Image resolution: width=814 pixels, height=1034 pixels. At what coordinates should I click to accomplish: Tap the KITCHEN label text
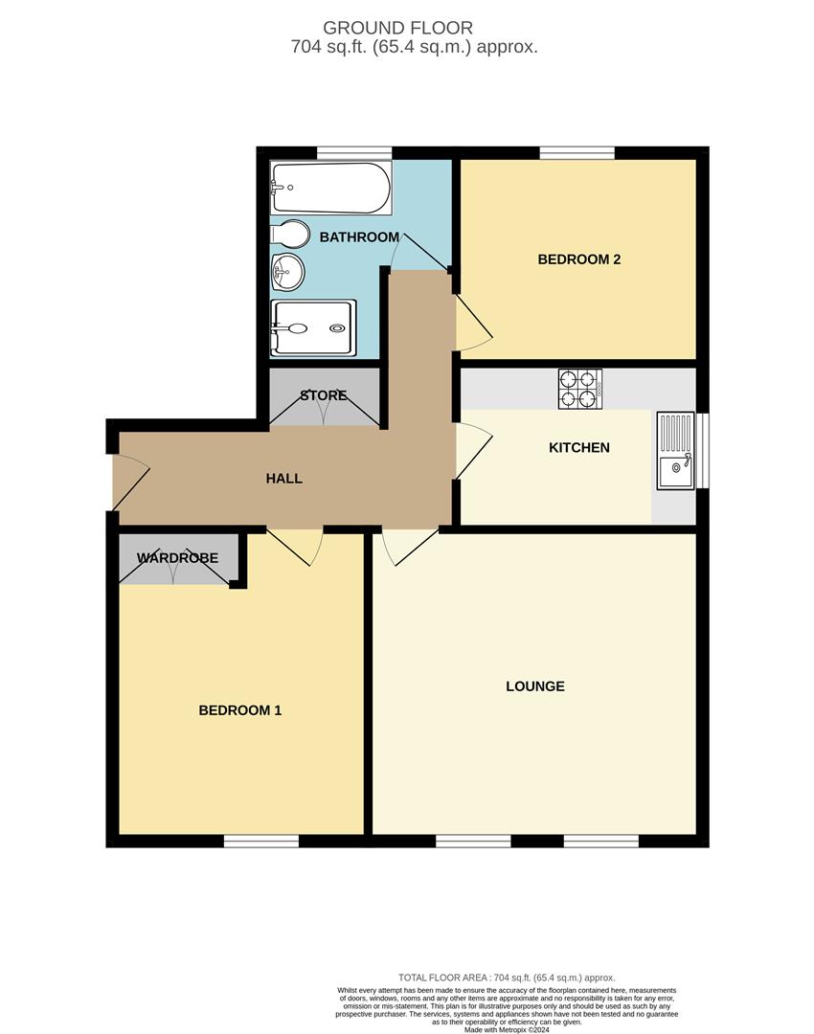coord(578,447)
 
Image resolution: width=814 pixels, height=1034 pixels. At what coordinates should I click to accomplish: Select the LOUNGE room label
coord(534,686)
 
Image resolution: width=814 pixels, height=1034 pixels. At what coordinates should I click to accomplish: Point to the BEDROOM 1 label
coord(239,710)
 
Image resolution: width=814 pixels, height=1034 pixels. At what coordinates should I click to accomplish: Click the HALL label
coord(284,478)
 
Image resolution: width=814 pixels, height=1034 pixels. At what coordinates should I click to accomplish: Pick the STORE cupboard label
coord(323,395)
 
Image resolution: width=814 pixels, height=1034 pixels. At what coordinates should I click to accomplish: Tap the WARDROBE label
coord(177,557)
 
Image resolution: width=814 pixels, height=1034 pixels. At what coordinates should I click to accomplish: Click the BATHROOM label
coord(359,236)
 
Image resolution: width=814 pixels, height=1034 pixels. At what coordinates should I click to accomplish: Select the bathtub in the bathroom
coord(330,188)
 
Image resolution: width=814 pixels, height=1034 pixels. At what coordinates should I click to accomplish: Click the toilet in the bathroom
coord(289,234)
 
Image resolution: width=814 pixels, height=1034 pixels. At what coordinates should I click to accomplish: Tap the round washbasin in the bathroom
coord(287,272)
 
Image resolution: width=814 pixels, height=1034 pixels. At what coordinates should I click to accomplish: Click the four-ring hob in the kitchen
coord(579,389)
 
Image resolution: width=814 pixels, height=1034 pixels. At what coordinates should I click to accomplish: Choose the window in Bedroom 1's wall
coord(261,841)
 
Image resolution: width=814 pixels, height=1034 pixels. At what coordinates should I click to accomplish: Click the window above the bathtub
coord(354,151)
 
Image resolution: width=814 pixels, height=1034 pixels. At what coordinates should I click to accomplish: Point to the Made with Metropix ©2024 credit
coord(507,1030)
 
